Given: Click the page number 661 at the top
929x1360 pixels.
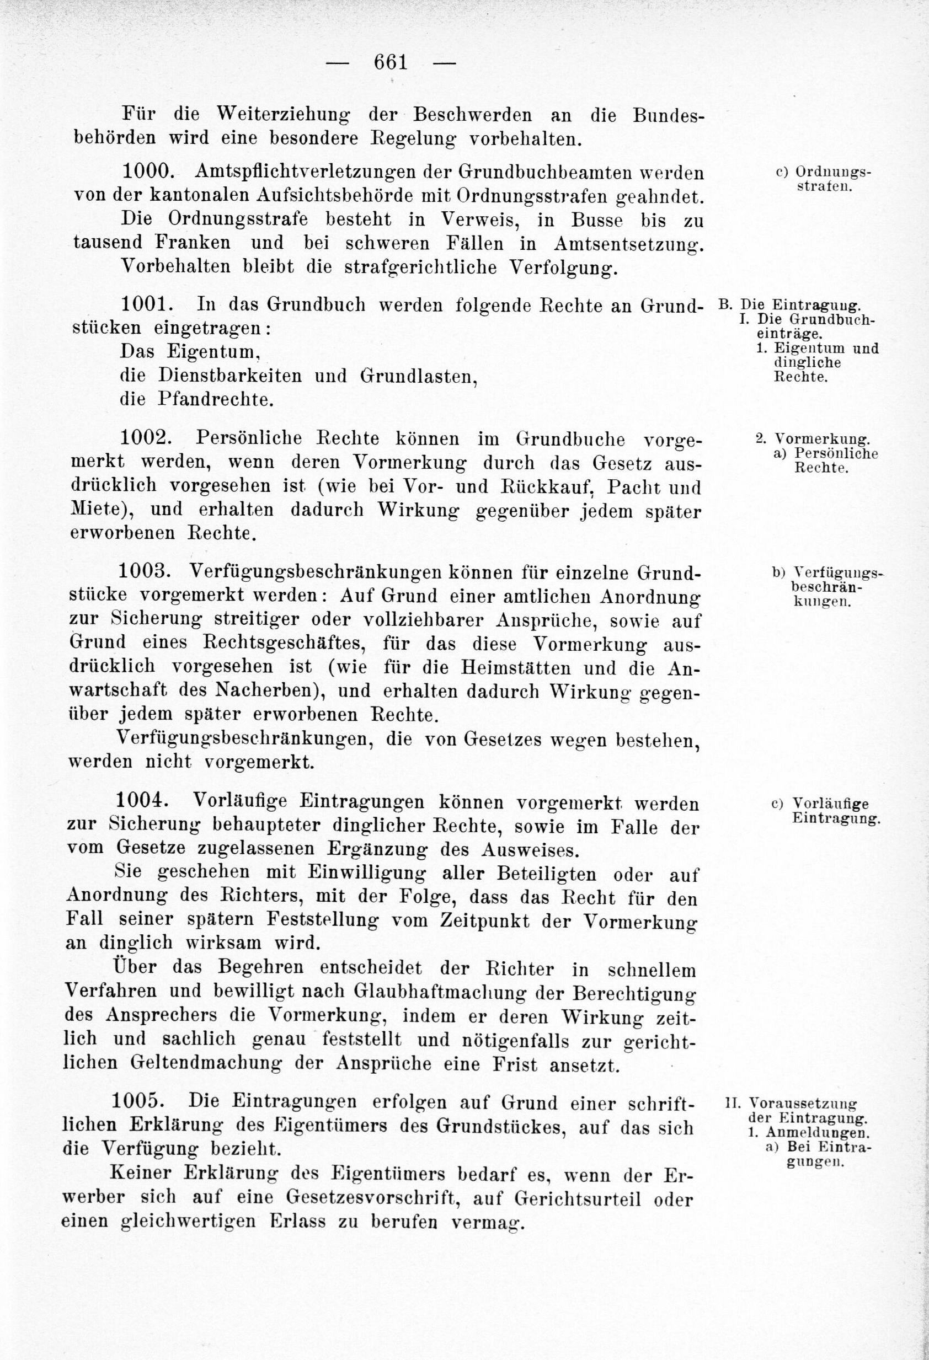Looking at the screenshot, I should [390, 61].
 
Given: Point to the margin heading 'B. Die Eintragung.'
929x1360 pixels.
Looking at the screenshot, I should [789, 305].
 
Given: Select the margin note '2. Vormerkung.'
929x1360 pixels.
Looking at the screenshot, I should [813, 438].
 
